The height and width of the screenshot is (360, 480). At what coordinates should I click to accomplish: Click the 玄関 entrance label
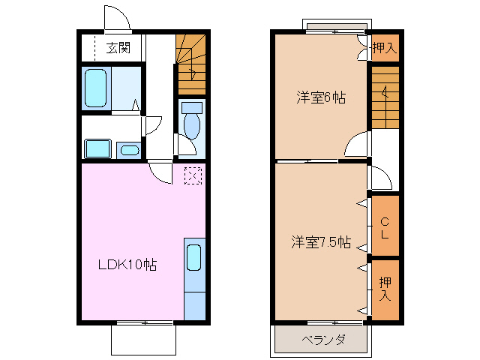pyautogui.click(x=118, y=49)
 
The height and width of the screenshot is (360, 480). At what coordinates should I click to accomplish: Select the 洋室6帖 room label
pyautogui.click(x=320, y=97)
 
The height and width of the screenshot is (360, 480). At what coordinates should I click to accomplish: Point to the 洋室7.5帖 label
pyautogui.click(x=321, y=242)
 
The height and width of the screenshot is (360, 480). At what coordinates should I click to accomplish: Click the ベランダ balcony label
pyautogui.click(x=322, y=340)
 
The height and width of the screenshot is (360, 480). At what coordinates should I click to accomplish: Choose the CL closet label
pyautogui.click(x=384, y=227)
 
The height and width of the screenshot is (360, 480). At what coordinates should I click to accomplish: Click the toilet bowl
pyautogui.click(x=191, y=124)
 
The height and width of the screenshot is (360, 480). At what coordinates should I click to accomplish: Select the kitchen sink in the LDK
pyautogui.click(x=193, y=257)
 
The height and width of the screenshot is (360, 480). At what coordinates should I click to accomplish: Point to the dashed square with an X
pyautogui.click(x=193, y=175)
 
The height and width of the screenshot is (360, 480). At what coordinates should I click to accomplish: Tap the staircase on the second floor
pyautogui.click(x=385, y=97)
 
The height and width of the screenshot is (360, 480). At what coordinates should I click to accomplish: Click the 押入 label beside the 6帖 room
pyautogui.click(x=384, y=49)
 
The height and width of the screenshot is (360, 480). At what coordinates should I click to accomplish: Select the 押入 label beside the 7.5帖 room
pyautogui.click(x=385, y=289)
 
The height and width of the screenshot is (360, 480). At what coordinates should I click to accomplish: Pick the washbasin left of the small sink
pyautogui.click(x=97, y=148)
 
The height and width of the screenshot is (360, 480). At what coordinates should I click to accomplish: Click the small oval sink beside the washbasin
pyautogui.click(x=129, y=150)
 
